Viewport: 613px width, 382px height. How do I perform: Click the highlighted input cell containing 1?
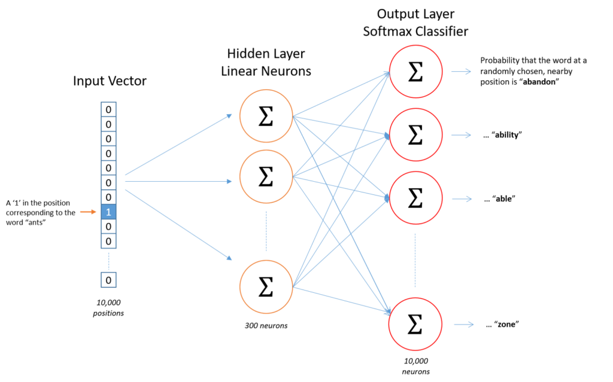pyautogui.click(x=108, y=212)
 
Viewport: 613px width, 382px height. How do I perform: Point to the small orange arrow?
pyautogui.click(x=88, y=212)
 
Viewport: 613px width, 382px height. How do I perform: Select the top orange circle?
pyautogui.click(x=266, y=116)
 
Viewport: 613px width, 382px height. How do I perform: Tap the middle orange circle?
pyautogui.click(x=266, y=176)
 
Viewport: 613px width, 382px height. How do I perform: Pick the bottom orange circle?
pyautogui.click(x=266, y=286)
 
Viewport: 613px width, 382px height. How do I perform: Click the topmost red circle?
pyautogui.click(x=415, y=71)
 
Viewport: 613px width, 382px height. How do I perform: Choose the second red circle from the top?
pyautogui.click(x=415, y=135)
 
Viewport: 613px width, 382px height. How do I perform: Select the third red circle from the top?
pyautogui.click(x=415, y=198)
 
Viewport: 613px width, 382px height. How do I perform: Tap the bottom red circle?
pyautogui.click(x=415, y=324)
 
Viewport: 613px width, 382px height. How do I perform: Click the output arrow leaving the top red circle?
pyautogui.click(x=461, y=72)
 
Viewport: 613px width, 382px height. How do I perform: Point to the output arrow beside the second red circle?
pyautogui.click(x=461, y=135)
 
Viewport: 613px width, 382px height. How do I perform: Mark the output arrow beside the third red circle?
pyautogui.click(x=461, y=199)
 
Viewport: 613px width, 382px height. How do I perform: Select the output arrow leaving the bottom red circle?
pyautogui.click(x=463, y=325)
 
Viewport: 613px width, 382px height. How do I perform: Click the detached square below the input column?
pyautogui.click(x=108, y=280)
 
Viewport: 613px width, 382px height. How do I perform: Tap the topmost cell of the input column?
pyautogui.click(x=108, y=109)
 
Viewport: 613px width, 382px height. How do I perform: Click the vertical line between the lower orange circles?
pyautogui.click(x=266, y=231)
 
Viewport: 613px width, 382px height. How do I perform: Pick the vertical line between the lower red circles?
pyautogui.click(x=415, y=260)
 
